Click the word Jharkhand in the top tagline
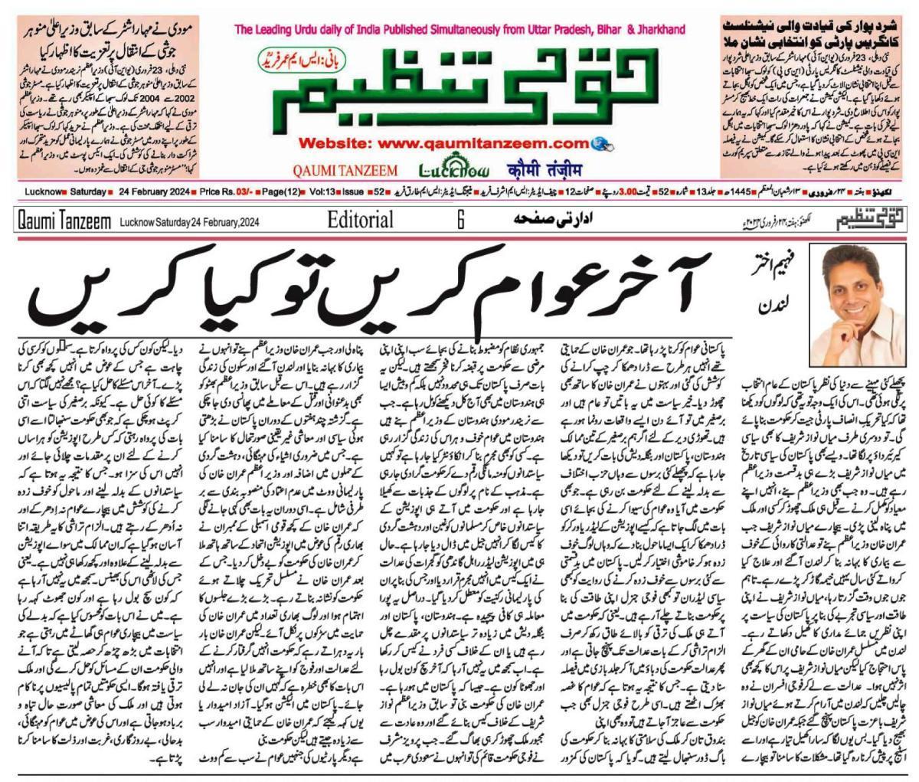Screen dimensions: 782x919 point(657,30)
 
